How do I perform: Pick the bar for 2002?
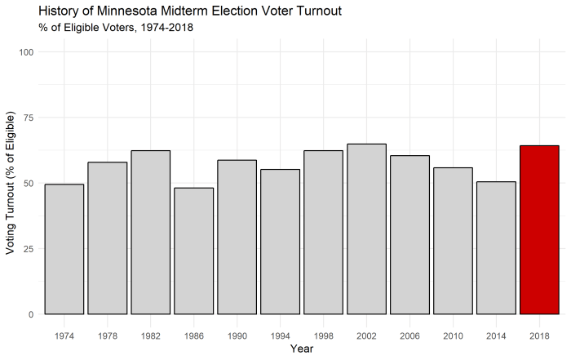[x=366, y=229]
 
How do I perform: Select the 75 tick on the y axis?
[x=29, y=118]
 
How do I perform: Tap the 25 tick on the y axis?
[x=29, y=249]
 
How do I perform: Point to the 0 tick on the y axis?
[x=31, y=314]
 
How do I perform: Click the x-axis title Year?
[x=302, y=349]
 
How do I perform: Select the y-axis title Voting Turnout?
[x=11, y=183]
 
